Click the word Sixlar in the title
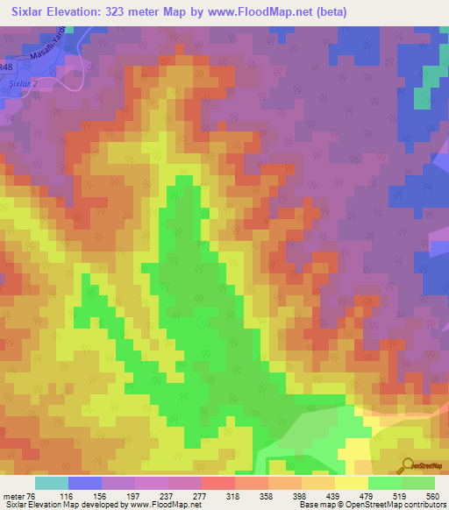31,12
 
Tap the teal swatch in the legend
51,483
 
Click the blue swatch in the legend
85,483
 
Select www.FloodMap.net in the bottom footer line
165,505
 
